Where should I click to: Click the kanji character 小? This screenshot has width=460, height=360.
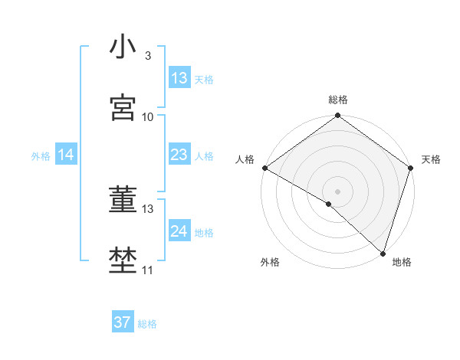pos(123,47)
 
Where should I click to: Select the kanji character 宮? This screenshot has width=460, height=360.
pos(123,108)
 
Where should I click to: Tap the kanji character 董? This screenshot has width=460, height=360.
pos(123,200)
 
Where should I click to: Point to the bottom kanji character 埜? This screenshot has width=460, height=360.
pos(123,261)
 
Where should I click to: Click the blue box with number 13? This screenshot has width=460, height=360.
pos(179,78)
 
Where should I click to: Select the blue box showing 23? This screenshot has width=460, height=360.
pos(179,155)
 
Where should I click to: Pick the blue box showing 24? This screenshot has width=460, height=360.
pos(179,231)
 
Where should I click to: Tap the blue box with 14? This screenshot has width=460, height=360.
pos(66,155)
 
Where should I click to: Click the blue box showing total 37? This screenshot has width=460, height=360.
pos(123,322)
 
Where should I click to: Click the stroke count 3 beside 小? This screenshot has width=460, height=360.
pos(147,56)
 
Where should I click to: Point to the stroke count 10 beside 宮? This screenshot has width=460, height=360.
pos(148,116)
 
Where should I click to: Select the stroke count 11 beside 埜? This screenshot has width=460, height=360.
pos(148,270)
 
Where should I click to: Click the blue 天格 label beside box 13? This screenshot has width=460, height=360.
pos(204,79)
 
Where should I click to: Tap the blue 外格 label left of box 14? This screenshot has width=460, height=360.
pos(41,155)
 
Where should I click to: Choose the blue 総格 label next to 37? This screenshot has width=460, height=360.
pos(147,323)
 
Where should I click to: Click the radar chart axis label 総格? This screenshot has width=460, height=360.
pos(337,100)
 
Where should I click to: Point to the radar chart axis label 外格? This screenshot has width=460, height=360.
pos(270,262)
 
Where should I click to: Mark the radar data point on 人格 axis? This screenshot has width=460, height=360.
pos(264,168)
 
